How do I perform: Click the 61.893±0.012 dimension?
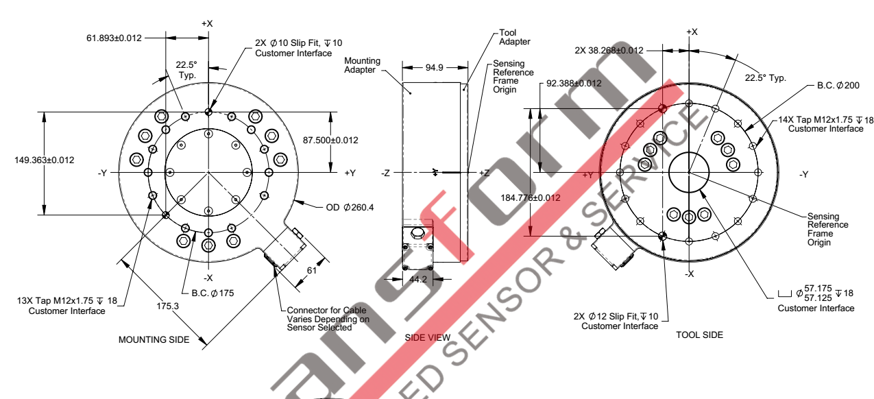[x=114, y=38]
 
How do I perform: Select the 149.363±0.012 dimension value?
[x=44, y=160]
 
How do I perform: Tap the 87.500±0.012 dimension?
[x=330, y=140]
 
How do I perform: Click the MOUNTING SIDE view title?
[x=154, y=340]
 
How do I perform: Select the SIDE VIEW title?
[x=428, y=338]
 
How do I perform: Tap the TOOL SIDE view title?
[x=699, y=335]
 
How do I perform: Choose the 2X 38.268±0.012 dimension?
[x=609, y=50]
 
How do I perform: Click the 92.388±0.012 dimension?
[x=574, y=84]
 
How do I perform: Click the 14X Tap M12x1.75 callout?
[x=825, y=124]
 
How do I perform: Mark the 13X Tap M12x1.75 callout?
[x=72, y=306]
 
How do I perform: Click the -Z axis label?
[x=386, y=173]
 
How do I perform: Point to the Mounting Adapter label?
[x=363, y=66]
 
